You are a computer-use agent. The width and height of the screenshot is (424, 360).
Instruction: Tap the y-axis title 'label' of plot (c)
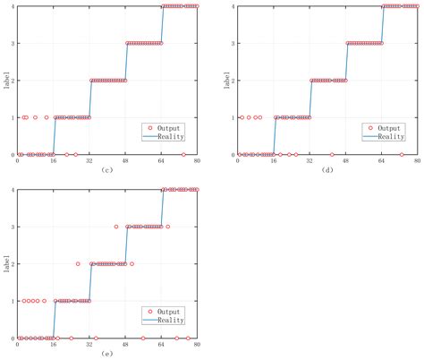coord(4,81)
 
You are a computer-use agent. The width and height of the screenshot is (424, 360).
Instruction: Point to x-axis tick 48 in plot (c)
coord(125,161)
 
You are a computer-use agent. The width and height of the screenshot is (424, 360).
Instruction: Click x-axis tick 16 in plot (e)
coord(54,345)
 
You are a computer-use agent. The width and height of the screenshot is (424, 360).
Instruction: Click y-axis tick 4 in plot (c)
coord(11,7)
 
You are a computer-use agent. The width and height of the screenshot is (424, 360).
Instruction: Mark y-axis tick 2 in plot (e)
coord(11,264)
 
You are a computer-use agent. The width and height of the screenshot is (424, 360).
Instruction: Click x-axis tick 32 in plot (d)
coord(310,161)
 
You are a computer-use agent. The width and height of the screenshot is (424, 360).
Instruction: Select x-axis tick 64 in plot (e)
coord(162,345)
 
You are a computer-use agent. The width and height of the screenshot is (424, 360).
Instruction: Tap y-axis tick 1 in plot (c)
coord(11,117)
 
